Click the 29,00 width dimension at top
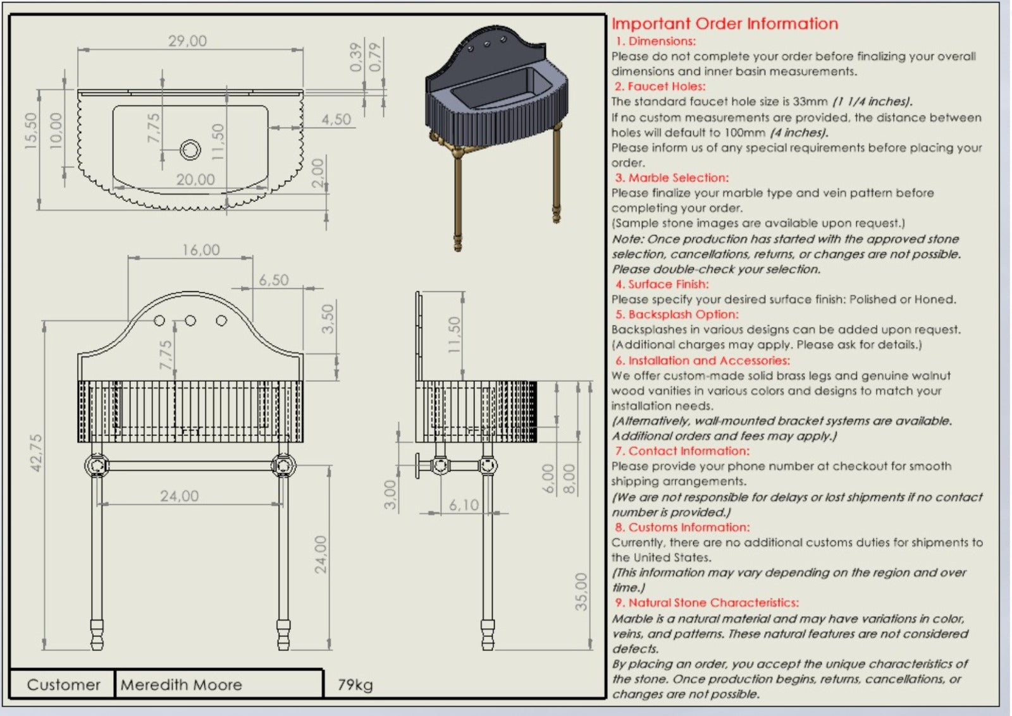[x=187, y=41]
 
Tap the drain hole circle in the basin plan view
[x=190, y=150]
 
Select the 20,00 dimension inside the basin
[x=195, y=179]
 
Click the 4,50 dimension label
[x=336, y=119]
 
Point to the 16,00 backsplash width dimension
[x=201, y=250]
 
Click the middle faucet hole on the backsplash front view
[x=190, y=321]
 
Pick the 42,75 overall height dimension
[x=36, y=452]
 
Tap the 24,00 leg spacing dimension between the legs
[x=179, y=496]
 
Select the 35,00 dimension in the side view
[x=581, y=592]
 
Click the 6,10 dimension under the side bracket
[x=464, y=505]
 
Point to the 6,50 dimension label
[x=273, y=280]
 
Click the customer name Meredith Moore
[x=182, y=685]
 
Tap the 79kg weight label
[x=355, y=685]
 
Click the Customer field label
[x=63, y=685]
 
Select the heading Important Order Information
[x=725, y=24]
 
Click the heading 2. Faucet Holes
[x=660, y=87]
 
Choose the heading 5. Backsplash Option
[x=676, y=315]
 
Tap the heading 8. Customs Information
[x=682, y=528]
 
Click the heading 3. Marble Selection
[x=672, y=178]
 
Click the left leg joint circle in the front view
[x=97, y=466]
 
